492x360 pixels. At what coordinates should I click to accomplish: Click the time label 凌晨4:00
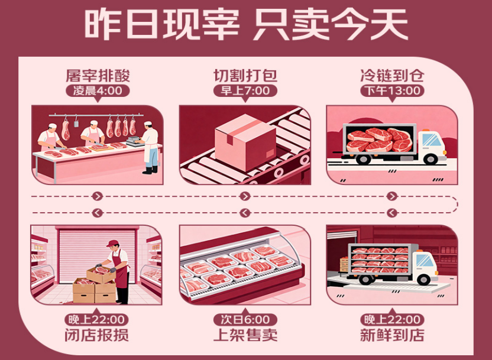(x=98, y=90)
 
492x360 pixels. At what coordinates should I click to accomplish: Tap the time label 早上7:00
(x=245, y=90)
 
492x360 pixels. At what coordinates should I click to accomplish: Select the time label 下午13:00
(x=392, y=90)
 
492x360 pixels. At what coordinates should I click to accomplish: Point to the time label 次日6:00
(x=245, y=320)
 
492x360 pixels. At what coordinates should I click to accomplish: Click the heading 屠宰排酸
(x=98, y=76)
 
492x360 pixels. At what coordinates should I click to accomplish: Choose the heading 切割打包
(x=245, y=76)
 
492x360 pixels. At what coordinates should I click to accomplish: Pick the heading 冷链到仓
(x=392, y=76)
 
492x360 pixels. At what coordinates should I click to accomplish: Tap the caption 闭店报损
(x=98, y=335)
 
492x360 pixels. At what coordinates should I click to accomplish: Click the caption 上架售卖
(x=245, y=335)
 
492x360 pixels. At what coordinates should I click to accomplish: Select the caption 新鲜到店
(x=392, y=335)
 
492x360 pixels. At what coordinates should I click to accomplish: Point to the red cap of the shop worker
(x=113, y=244)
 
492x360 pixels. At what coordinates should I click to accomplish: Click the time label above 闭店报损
(x=98, y=320)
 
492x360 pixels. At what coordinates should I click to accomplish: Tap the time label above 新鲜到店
(x=392, y=320)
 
